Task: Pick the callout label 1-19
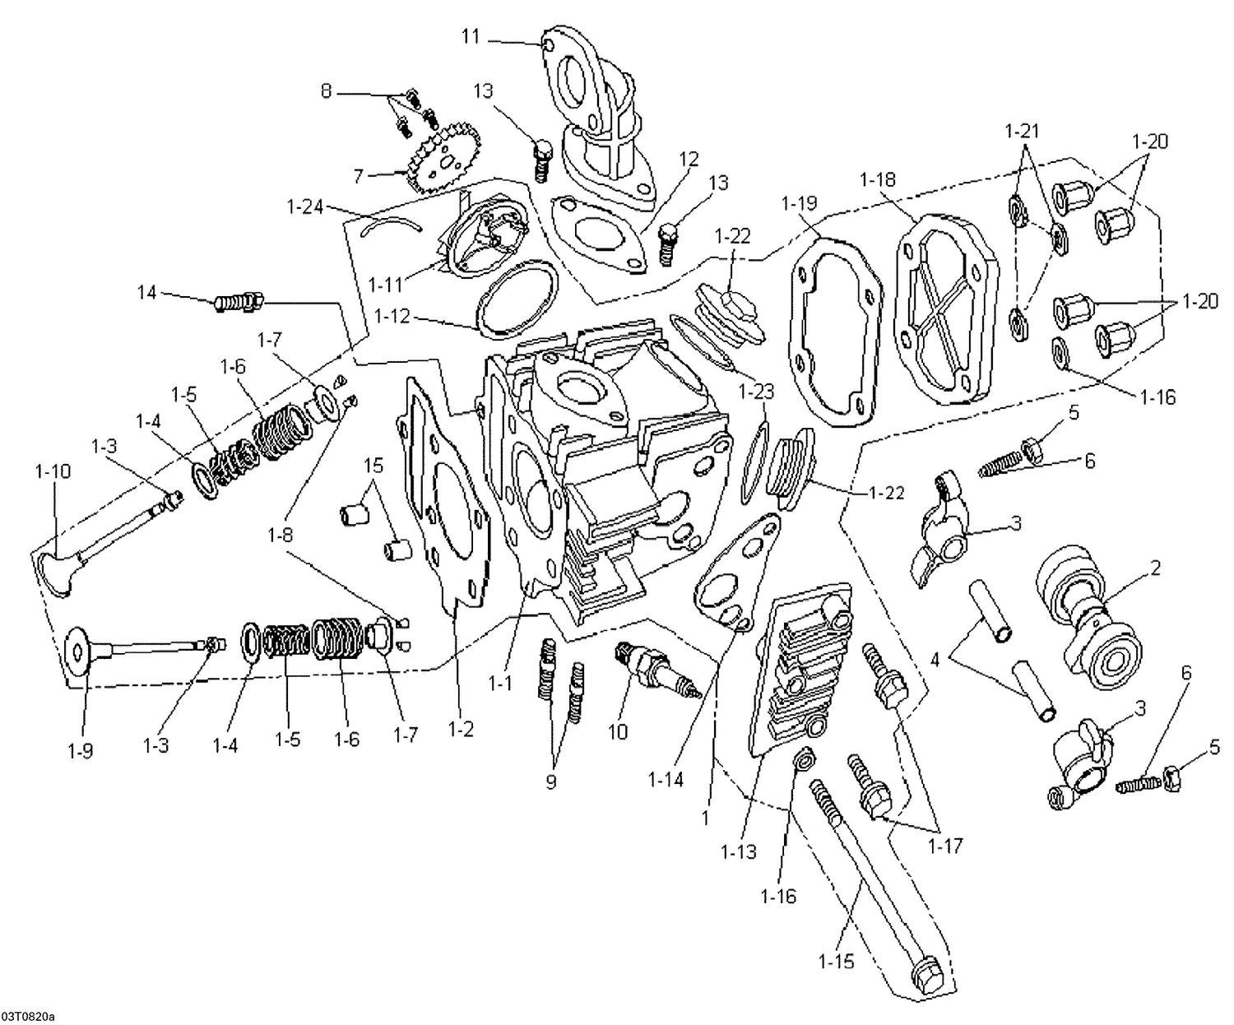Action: [799, 202]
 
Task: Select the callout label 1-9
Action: [80, 750]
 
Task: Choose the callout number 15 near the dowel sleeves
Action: [373, 466]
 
